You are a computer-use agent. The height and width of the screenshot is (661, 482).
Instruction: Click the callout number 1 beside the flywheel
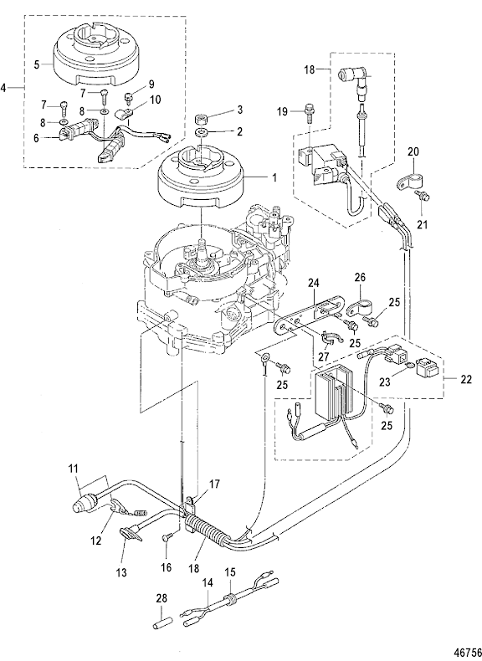(x=274, y=178)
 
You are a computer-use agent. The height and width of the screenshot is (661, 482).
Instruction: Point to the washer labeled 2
(x=202, y=133)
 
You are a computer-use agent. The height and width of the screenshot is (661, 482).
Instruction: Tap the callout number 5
(x=37, y=65)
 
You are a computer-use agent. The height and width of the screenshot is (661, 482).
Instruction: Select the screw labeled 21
(x=423, y=196)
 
